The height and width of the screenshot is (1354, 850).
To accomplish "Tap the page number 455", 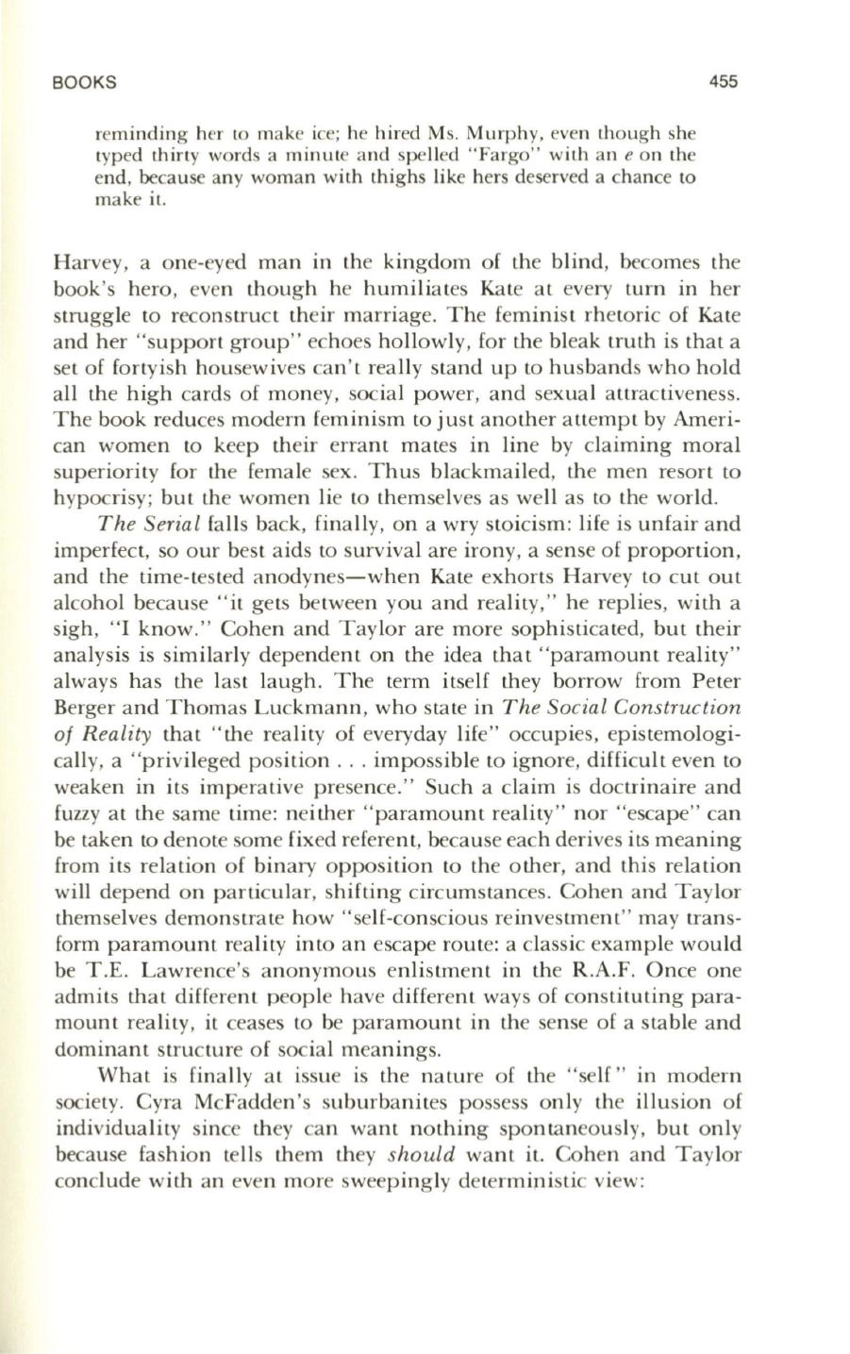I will [x=723, y=82].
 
